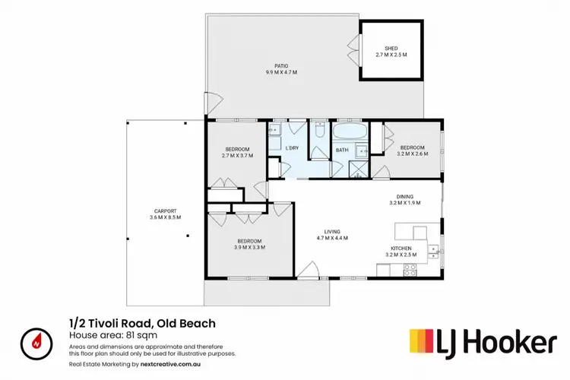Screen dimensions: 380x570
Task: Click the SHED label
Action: click(391, 49)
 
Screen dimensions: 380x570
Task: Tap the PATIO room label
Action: click(280, 65)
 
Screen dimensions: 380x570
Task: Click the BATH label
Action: click(343, 150)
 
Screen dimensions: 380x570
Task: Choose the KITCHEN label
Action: click(401, 248)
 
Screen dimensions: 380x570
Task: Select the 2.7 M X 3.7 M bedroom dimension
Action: click(237, 155)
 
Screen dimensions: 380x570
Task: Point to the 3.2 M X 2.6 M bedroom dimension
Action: click(413, 154)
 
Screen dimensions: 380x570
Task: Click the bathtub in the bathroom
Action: click(350, 134)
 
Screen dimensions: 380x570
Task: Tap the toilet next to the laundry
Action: click(320, 132)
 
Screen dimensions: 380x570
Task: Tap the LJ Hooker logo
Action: click(483, 342)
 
